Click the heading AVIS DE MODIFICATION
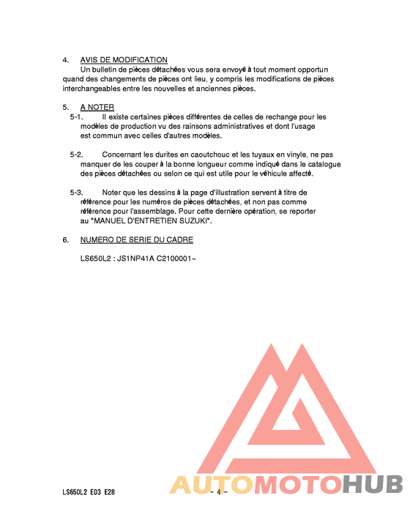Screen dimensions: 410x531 coord(124,60)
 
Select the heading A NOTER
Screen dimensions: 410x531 coord(97,108)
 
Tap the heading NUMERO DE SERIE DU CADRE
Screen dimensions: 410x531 coord(137,239)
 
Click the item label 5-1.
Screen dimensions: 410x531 coord(76,116)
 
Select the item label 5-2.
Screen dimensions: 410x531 coord(76,155)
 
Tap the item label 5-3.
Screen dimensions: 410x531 coord(76,193)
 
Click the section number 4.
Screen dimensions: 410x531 coord(65,60)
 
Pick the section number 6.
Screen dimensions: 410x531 coord(65,239)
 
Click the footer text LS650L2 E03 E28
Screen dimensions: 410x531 coord(89,492)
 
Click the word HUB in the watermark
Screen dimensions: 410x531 coord(373,485)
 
